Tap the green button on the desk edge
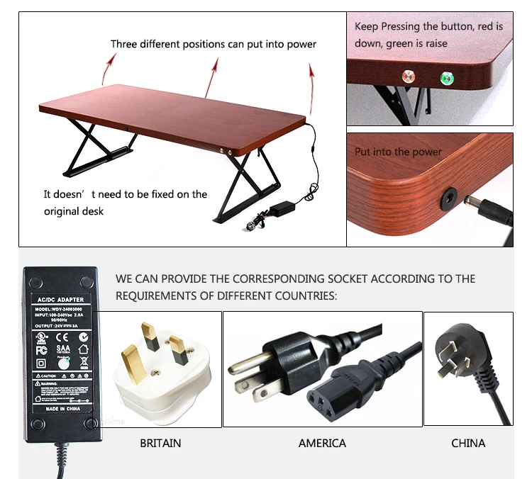click(x=447, y=78)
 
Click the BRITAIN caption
click(x=160, y=443)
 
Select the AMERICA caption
click(x=322, y=443)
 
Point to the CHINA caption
click(x=468, y=443)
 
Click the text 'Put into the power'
click(x=398, y=152)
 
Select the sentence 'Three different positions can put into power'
click(x=214, y=44)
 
